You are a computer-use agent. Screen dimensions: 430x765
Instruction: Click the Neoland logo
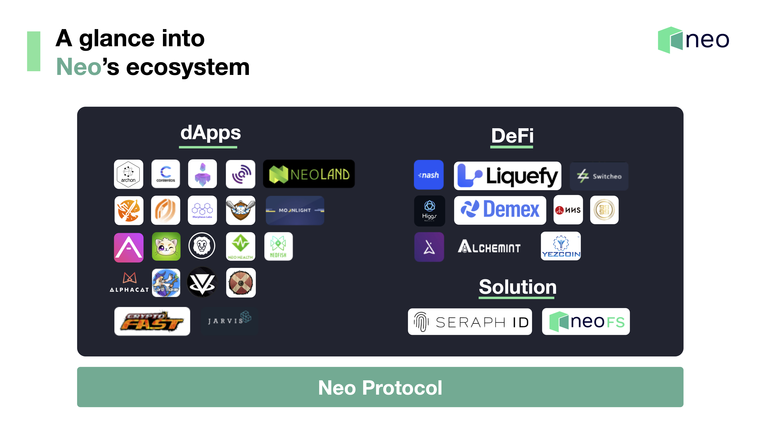309,174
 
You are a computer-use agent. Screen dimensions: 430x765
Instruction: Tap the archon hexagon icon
128,174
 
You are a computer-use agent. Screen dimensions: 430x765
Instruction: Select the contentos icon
166,174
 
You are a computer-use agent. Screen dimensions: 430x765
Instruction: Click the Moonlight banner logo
295,210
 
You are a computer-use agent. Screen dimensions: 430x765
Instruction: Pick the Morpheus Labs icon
202,210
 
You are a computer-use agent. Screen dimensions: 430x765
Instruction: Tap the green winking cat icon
166,246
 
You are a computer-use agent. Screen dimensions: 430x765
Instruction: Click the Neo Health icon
241,246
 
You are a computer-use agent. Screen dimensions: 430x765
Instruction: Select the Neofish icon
278,246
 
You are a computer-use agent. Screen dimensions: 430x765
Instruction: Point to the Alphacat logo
129,282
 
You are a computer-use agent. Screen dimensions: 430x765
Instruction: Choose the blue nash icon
429,175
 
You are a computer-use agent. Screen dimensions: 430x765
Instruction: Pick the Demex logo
500,210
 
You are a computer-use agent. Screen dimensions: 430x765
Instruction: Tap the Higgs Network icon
429,211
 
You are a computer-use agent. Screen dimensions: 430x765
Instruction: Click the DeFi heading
512,136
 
